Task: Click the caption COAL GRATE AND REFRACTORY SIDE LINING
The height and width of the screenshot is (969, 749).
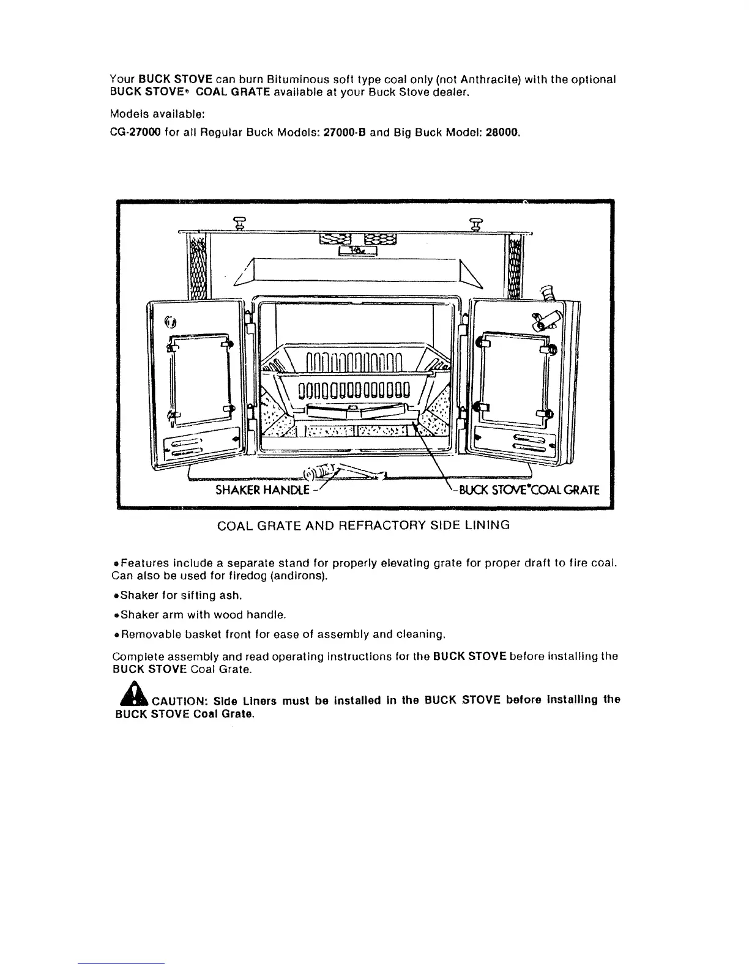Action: (363, 525)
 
